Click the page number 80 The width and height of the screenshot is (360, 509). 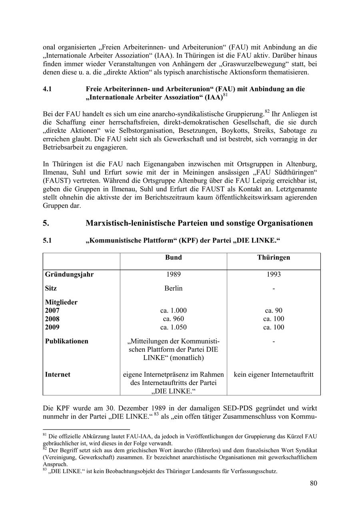[313, 483]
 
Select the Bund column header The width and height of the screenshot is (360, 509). [173, 257]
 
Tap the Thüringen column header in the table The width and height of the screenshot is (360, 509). [274, 257]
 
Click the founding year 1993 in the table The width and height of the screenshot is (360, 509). [274, 274]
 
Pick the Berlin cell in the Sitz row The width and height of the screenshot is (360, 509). [173, 288]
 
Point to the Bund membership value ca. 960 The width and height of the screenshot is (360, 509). [173, 319]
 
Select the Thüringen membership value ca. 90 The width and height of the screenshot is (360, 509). [274, 310]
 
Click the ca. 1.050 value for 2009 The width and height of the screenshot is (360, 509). [173, 327]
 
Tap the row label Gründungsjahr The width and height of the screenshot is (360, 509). [69, 274]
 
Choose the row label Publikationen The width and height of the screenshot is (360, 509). [66, 341]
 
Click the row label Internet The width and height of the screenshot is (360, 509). [58, 374]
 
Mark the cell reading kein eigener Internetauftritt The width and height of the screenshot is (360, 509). [274, 374]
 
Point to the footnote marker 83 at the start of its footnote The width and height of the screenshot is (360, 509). [45, 470]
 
